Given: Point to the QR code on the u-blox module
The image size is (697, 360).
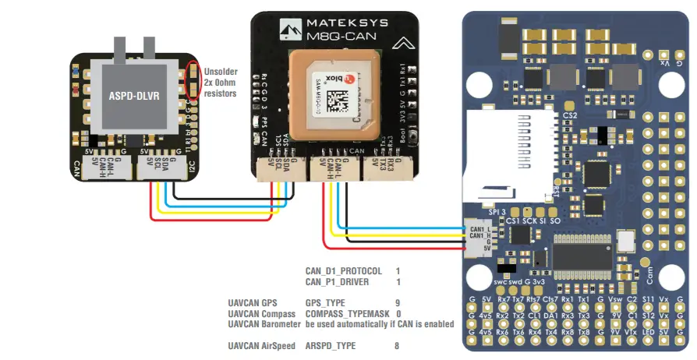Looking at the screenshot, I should tap(338, 100).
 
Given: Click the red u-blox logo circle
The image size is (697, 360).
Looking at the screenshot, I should tap(350, 80).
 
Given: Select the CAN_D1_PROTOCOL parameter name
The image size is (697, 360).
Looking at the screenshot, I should tap(343, 271).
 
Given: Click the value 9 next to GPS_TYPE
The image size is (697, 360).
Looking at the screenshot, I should tap(398, 302).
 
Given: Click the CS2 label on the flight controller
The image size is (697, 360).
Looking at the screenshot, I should tap(570, 115).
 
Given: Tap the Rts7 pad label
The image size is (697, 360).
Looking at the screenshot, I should tap(534, 299).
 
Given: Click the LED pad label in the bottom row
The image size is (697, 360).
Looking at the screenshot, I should tap(648, 332).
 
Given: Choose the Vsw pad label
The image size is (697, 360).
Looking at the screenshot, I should tap(615, 299).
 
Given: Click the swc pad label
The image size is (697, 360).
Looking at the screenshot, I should tap(501, 281).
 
